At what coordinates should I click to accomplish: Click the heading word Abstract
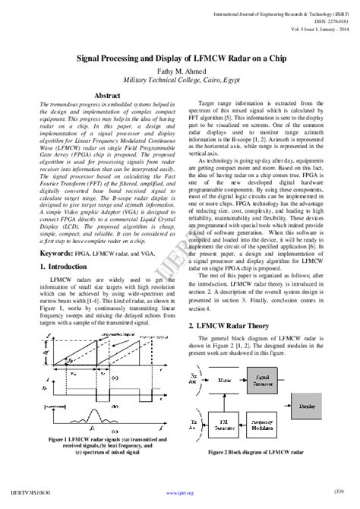click(x=96, y=108)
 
